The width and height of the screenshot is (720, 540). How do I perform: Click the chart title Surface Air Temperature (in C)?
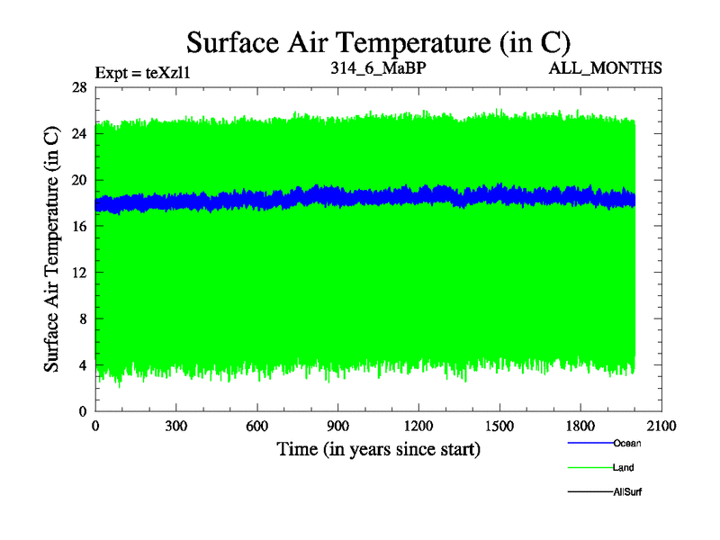click(378, 42)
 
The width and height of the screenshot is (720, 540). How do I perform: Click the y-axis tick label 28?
click(79, 87)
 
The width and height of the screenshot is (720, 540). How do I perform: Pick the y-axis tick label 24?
click(79, 133)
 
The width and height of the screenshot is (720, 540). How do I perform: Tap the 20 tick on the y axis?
click(79, 180)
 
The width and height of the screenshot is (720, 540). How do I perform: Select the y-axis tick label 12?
click(79, 273)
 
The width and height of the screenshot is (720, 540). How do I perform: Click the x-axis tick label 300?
click(176, 427)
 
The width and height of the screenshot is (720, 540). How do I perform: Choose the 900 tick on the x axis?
click(338, 427)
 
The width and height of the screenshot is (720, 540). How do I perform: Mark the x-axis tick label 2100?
click(661, 427)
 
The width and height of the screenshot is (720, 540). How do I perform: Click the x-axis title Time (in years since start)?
click(378, 449)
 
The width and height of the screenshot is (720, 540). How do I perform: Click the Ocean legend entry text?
click(626, 443)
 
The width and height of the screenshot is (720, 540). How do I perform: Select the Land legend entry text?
click(623, 468)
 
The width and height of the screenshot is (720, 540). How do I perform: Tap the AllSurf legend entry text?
click(626, 492)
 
